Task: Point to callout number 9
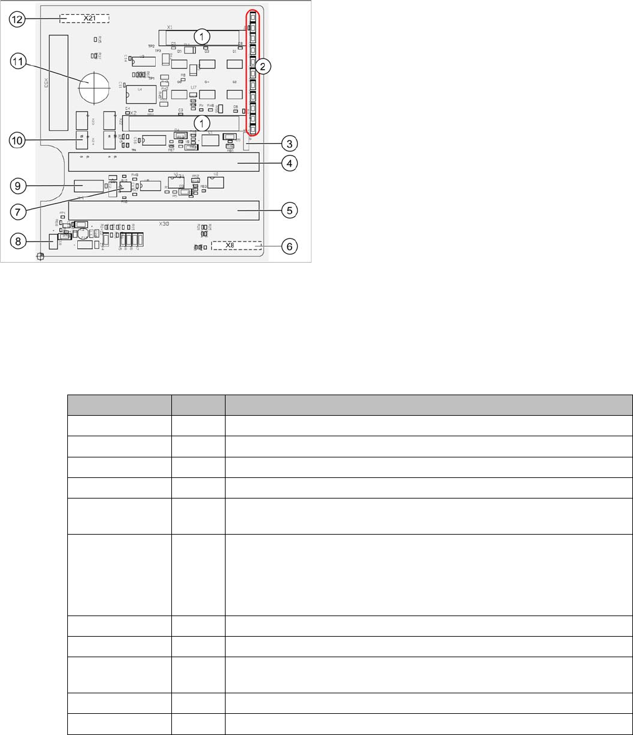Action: tap(19, 185)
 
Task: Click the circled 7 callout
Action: tap(19, 210)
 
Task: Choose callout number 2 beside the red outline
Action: tap(264, 68)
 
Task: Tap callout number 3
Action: tap(289, 143)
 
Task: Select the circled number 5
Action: tap(289, 210)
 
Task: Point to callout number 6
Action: tap(289, 246)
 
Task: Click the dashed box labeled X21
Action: tap(84, 19)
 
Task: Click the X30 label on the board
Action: tap(164, 223)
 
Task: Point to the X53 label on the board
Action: tap(46, 84)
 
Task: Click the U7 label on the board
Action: tap(194, 88)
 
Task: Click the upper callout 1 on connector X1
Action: tap(202, 37)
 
